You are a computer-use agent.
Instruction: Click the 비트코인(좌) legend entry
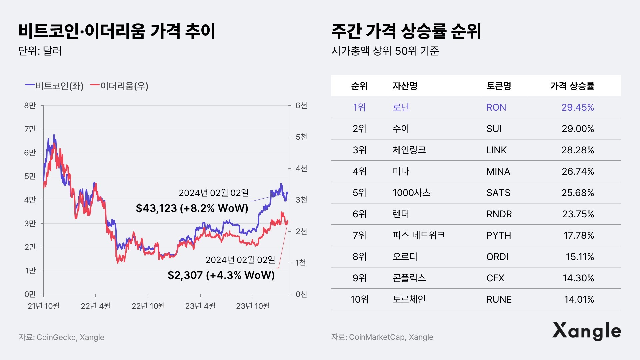[x=55, y=86]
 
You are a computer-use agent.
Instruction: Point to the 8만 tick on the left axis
[x=30, y=106]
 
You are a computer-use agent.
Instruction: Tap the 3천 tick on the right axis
[x=301, y=200]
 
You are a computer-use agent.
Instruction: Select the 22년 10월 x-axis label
[x=148, y=306]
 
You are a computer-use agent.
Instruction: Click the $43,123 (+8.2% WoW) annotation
[x=192, y=208]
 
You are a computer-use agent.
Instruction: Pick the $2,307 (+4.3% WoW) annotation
[x=221, y=275]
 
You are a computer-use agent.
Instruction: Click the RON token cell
[x=496, y=107]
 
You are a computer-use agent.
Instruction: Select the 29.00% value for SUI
[x=578, y=129]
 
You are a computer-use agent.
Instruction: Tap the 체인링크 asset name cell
[x=409, y=150]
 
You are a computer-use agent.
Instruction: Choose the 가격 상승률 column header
[x=572, y=86]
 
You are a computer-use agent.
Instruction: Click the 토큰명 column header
[x=498, y=86]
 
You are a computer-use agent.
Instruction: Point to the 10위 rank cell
[x=359, y=299]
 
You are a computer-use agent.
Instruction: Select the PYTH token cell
[x=498, y=235]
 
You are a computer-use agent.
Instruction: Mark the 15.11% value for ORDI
[x=580, y=257]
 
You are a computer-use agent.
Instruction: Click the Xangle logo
[x=587, y=331]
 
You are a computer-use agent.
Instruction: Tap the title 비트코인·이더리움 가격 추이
[x=117, y=31]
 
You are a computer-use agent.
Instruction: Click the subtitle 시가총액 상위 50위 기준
[x=385, y=51]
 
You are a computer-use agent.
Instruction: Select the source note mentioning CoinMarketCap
[x=382, y=337]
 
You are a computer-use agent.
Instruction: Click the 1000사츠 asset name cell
[x=411, y=193]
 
